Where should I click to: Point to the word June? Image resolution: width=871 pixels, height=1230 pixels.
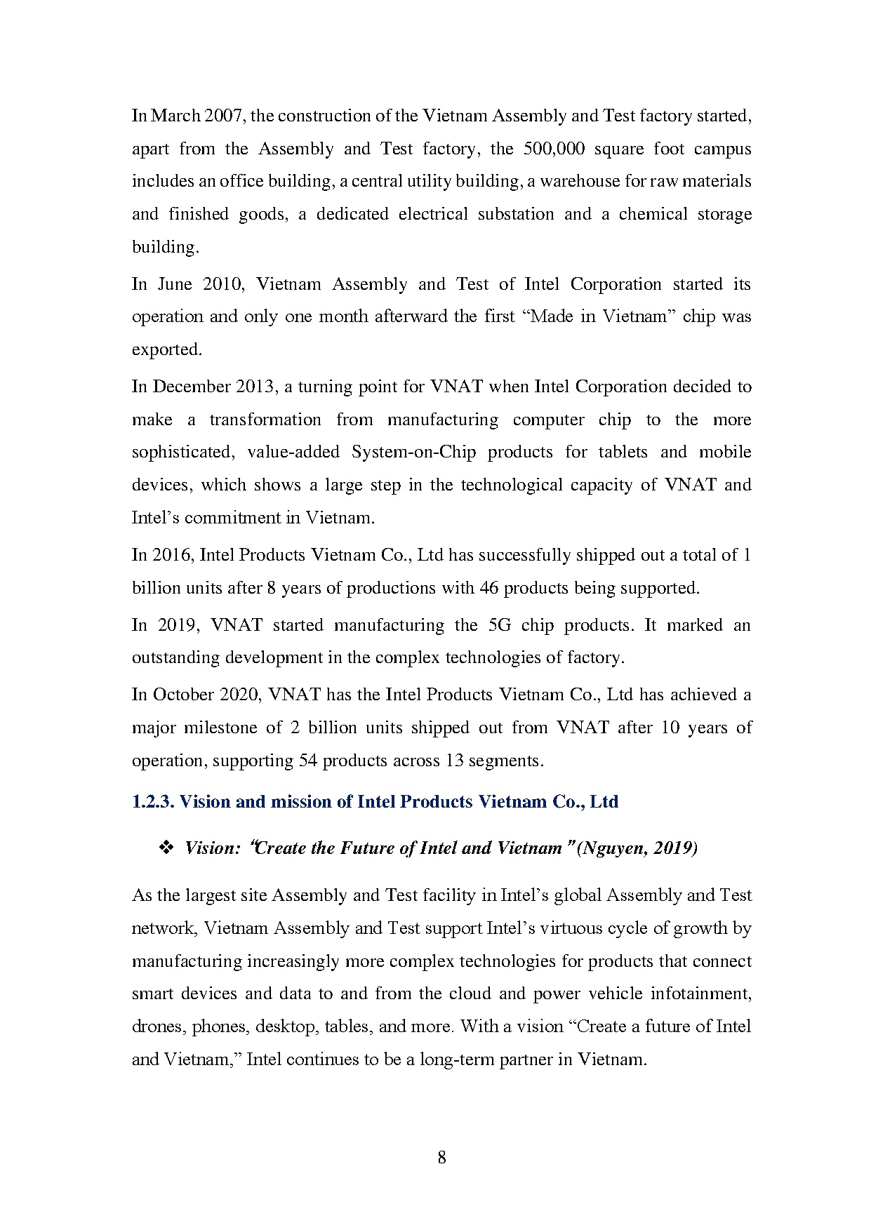[x=175, y=284]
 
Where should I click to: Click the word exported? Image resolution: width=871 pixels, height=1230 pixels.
[x=166, y=349]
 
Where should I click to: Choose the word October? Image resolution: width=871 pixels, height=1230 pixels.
[x=183, y=695]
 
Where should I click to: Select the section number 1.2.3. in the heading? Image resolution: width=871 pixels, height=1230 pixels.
[x=153, y=802]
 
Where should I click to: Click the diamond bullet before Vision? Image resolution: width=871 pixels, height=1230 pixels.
[x=167, y=848]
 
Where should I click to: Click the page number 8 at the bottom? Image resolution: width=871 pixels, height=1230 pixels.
[x=441, y=1158]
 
